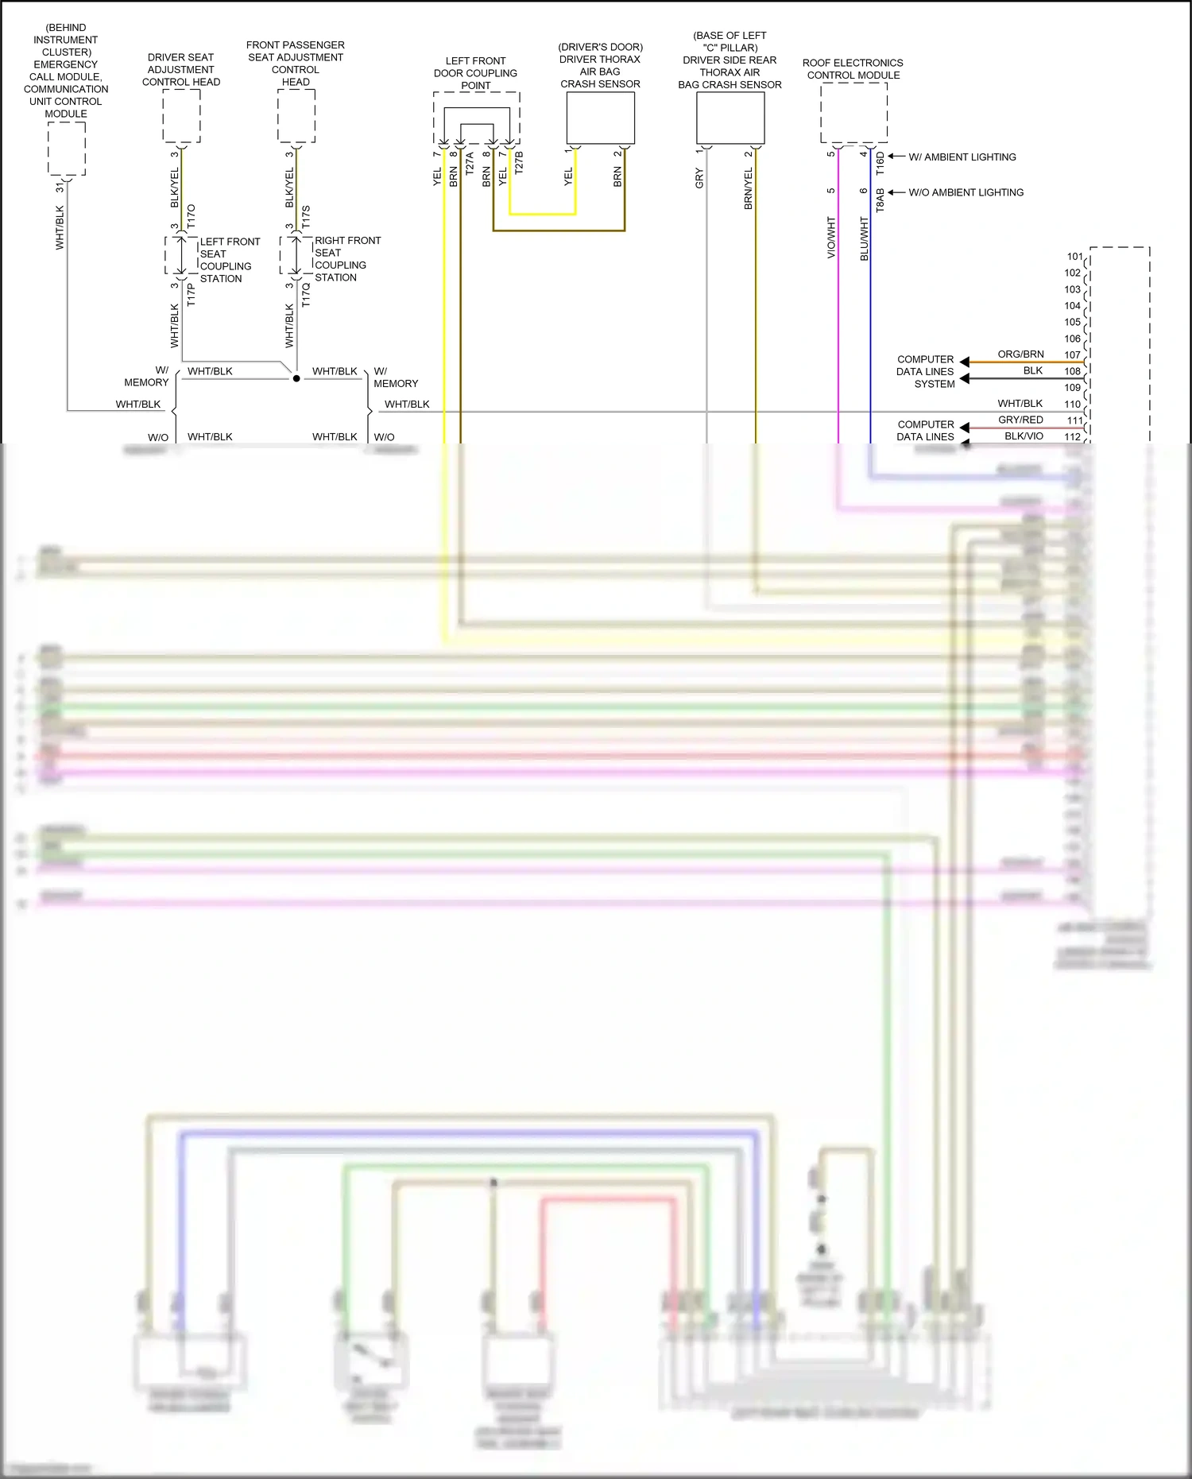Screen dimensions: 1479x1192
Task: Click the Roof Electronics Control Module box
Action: click(x=853, y=113)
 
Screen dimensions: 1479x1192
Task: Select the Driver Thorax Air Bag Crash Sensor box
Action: click(x=600, y=118)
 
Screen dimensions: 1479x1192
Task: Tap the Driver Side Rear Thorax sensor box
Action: click(x=730, y=118)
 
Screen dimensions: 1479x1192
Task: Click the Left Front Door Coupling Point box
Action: click(x=476, y=118)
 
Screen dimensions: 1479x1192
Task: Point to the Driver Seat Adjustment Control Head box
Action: click(x=181, y=116)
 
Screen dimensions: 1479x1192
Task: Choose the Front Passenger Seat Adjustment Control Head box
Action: click(x=296, y=116)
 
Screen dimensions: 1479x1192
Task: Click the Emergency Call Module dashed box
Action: click(x=66, y=149)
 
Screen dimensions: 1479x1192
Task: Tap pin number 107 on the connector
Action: click(x=1073, y=355)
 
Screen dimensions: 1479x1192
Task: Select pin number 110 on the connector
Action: click(x=1073, y=405)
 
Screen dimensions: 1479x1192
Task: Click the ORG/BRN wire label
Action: click(x=1020, y=354)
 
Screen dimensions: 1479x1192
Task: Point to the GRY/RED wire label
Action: click(x=1020, y=420)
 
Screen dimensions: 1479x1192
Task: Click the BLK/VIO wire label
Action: click(x=1024, y=436)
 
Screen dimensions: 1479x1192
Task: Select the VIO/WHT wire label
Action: click(x=831, y=237)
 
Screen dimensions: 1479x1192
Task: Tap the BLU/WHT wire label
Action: click(x=865, y=238)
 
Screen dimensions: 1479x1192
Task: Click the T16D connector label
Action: click(x=880, y=164)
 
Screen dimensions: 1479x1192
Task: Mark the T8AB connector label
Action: click(x=880, y=200)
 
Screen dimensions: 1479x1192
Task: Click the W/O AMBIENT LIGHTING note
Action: click(x=966, y=192)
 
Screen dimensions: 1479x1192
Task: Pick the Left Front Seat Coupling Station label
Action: click(x=229, y=260)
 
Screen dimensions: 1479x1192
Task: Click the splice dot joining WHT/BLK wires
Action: click(x=296, y=378)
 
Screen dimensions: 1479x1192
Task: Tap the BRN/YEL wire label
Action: click(x=748, y=189)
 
